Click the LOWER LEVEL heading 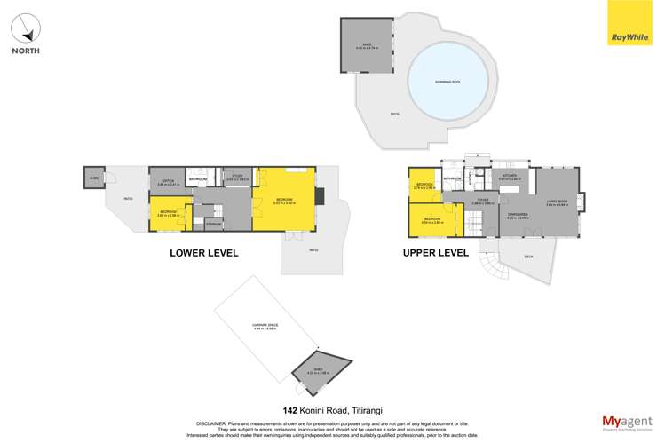(x=203, y=253)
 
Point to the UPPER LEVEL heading (x=435, y=253)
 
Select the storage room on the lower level (x=213, y=225)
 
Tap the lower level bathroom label (x=198, y=180)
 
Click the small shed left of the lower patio (x=92, y=177)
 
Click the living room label (x=557, y=202)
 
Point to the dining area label (x=518, y=216)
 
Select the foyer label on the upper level (x=482, y=202)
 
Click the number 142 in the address (x=289, y=410)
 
